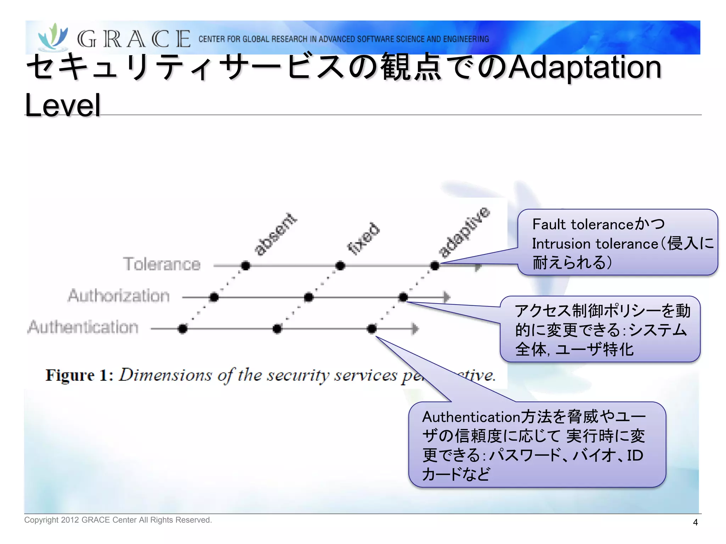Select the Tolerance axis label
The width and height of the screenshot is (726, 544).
pyautogui.click(x=162, y=264)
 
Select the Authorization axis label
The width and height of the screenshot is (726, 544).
pyautogui.click(x=119, y=296)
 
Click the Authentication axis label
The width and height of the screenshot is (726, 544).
pyautogui.click(x=83, y=327)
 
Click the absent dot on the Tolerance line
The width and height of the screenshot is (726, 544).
pyautogui.click(x=245, y=265)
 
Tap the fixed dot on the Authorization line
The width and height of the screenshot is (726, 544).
pyautogui.click(x=308, y=297)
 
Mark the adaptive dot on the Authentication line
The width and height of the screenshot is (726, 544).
pyautogui.click(x=372, y=329)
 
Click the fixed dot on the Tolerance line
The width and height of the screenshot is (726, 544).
pyautogui.click(x=340, y=265)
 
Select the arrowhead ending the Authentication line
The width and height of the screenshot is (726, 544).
pyautogui.click(x=415, y=329)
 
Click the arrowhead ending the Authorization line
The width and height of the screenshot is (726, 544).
pyautogui.click(x=447, y=297)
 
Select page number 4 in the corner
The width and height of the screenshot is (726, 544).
pyautogui.click(x=695, y=522)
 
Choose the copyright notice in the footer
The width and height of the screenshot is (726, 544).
pyautogui.click(x=118, y=520)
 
